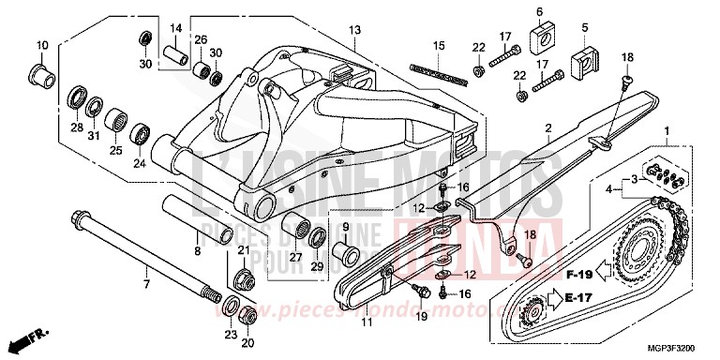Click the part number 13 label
click(354, 31)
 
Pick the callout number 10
click(41, 45)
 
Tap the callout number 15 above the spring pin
click(438, 46)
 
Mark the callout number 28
click(76, 127)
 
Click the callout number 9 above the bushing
click(346, 229)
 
